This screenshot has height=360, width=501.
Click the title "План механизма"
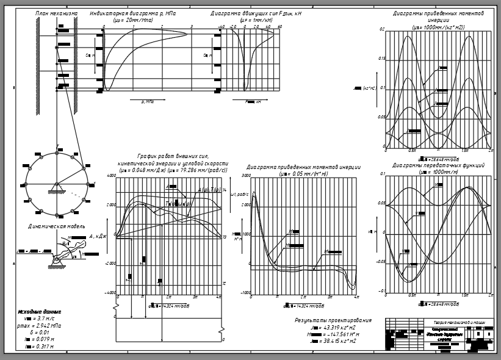(x=56, y=13)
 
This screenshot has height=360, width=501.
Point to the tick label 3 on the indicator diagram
(x=192, y=27)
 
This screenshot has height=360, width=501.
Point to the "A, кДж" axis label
(x=98, y=236)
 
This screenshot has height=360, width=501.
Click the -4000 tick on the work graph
(x=111, y=293)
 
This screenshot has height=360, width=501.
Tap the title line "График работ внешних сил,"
(x=173, y=157)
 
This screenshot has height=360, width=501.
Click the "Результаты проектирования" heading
(x=333, y=320)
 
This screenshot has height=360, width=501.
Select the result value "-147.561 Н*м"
(x=339, y=334)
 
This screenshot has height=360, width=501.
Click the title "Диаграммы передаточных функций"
(x=438, y=165)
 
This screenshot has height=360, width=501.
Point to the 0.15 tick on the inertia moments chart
(x=381, y=59)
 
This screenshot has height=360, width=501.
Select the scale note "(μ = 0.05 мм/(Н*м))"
(x=303, y=174)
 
